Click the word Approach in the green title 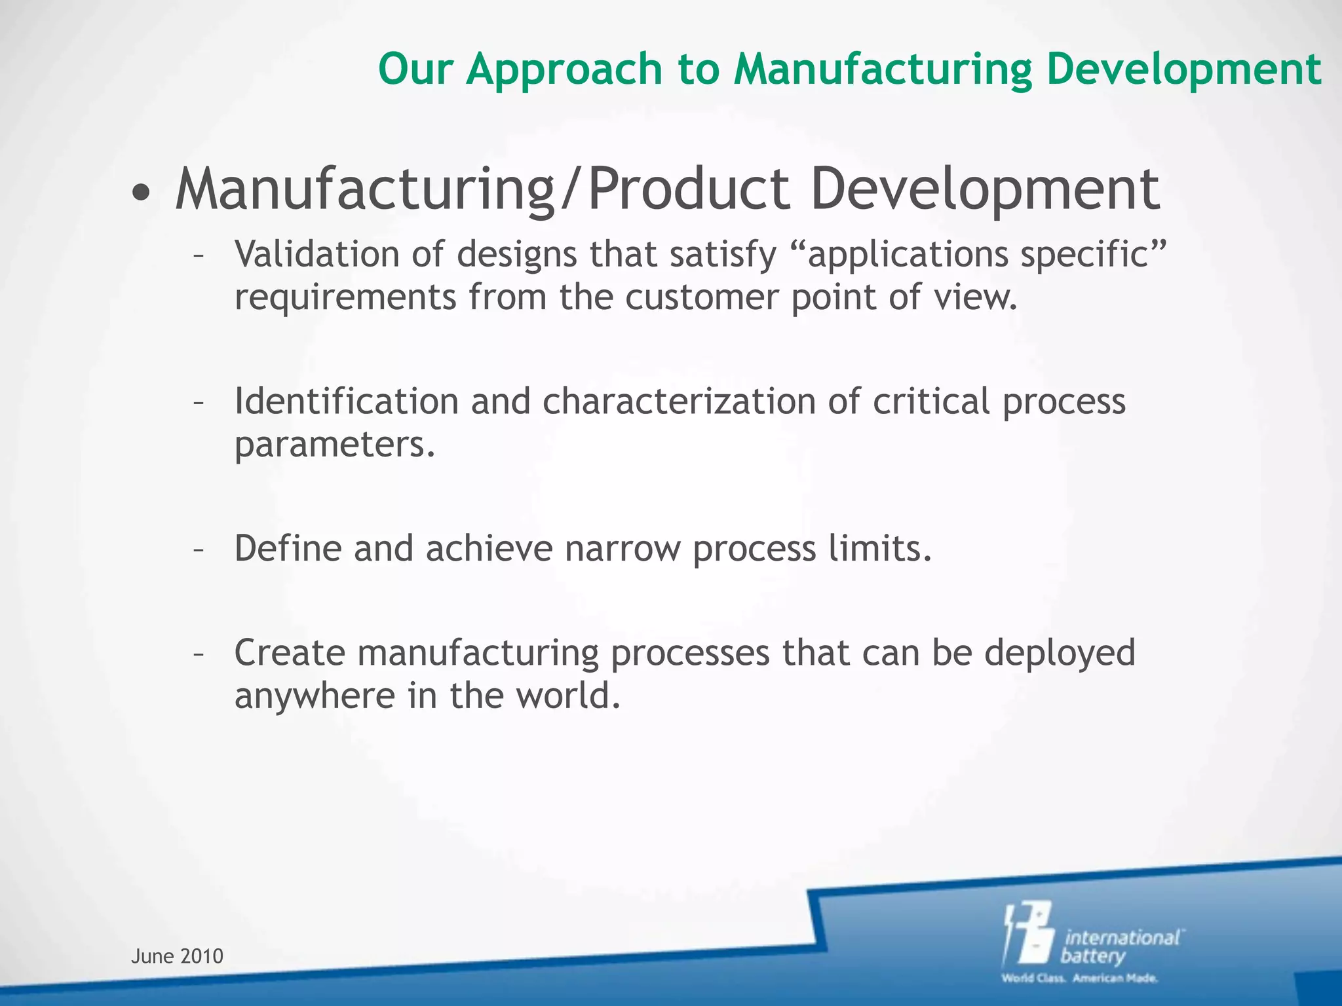click(x=564, y=69)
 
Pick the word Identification click(x=346, y=401)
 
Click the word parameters click(x=334, y=445)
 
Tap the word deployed click(x=1059, y=654)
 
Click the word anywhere click(x=314, y=696)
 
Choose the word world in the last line click(x=567, y=696)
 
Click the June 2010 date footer click(x=177, y=956)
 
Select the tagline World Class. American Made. click(x=1079, y=978)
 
